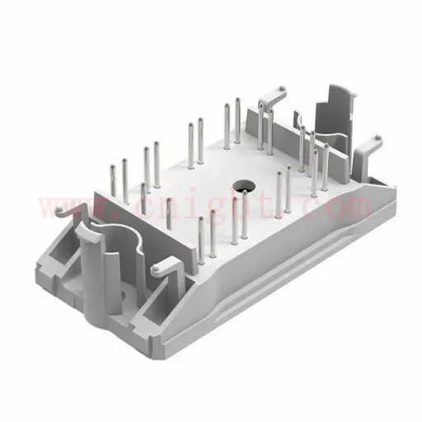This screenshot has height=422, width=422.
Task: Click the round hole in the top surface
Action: click(x=244, y=187)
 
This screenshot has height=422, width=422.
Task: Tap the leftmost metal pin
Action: click(x=113, y=181)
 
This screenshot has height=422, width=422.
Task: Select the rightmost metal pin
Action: click(x=326, y=166)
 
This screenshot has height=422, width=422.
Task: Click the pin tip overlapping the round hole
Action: click(x=245, y=193)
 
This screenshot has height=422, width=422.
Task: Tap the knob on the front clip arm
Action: click(x=155, y=268)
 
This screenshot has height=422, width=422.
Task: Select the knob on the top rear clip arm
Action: click(x=282, y=88)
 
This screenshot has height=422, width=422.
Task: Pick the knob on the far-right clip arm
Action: click(x=377, y=137)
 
